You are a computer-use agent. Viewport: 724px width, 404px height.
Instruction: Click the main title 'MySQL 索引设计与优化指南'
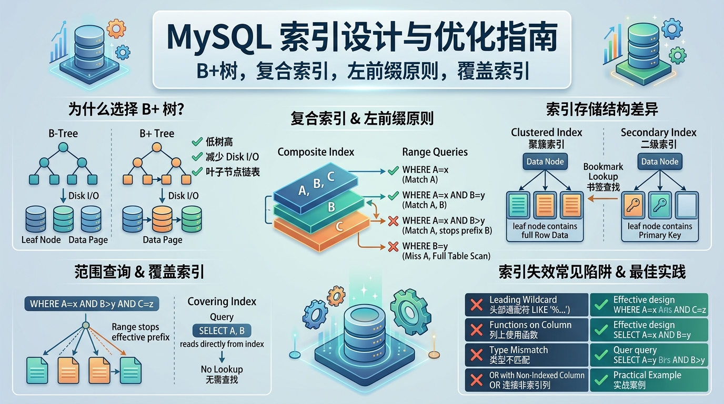361,38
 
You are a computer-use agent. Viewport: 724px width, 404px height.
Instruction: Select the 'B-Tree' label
63,134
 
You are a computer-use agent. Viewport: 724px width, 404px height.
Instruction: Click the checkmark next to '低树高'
197,142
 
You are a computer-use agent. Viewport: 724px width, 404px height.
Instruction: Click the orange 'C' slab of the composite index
339,227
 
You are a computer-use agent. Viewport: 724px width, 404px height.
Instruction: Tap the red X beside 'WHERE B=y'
393,246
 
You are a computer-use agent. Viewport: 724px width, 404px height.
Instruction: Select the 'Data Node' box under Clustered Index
545,161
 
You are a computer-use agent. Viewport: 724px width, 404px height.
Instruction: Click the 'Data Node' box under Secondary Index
659,161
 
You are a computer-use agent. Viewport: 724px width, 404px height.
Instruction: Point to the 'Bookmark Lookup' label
603,171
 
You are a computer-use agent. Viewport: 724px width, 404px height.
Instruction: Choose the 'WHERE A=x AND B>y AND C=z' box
92,304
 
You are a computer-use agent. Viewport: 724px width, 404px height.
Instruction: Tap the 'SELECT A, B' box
222,330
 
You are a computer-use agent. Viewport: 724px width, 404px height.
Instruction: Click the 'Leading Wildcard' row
527,305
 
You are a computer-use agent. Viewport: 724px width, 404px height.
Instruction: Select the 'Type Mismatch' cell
527,355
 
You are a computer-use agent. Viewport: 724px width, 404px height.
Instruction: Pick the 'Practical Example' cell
648,380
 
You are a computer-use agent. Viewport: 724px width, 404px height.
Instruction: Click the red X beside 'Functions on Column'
476,330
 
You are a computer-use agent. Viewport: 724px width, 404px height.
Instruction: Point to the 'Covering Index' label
222,301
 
